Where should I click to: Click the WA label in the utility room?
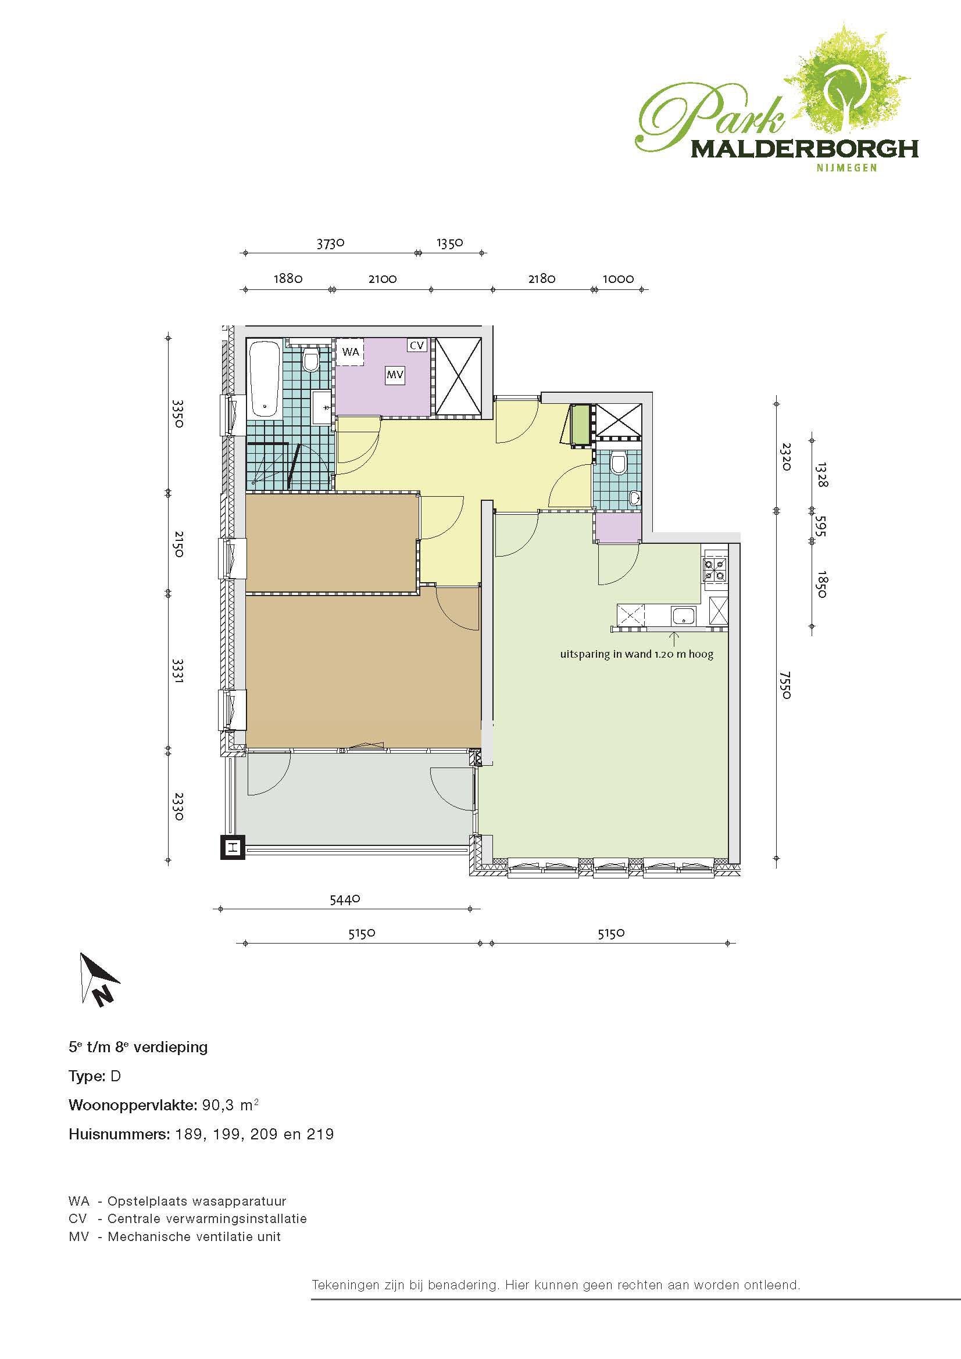pyautogui.click(x=351, y=352)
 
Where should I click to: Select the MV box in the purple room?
pyautogui.click(x=395, y=375)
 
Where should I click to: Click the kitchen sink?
pyautogui.click(x=684, y=616)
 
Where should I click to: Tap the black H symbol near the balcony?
pyautogui.click(x=233, y=847)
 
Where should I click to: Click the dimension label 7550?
pyautogui.click(x=786, y=685)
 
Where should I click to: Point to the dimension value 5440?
pyautogui.click(x=345, y=899)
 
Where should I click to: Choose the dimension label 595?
pyautogui.click(x=821, y=525)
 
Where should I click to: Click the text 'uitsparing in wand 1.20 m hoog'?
pyautogui.click(x=637, y=654)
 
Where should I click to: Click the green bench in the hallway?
pyautogui.click(x=581, y=424)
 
